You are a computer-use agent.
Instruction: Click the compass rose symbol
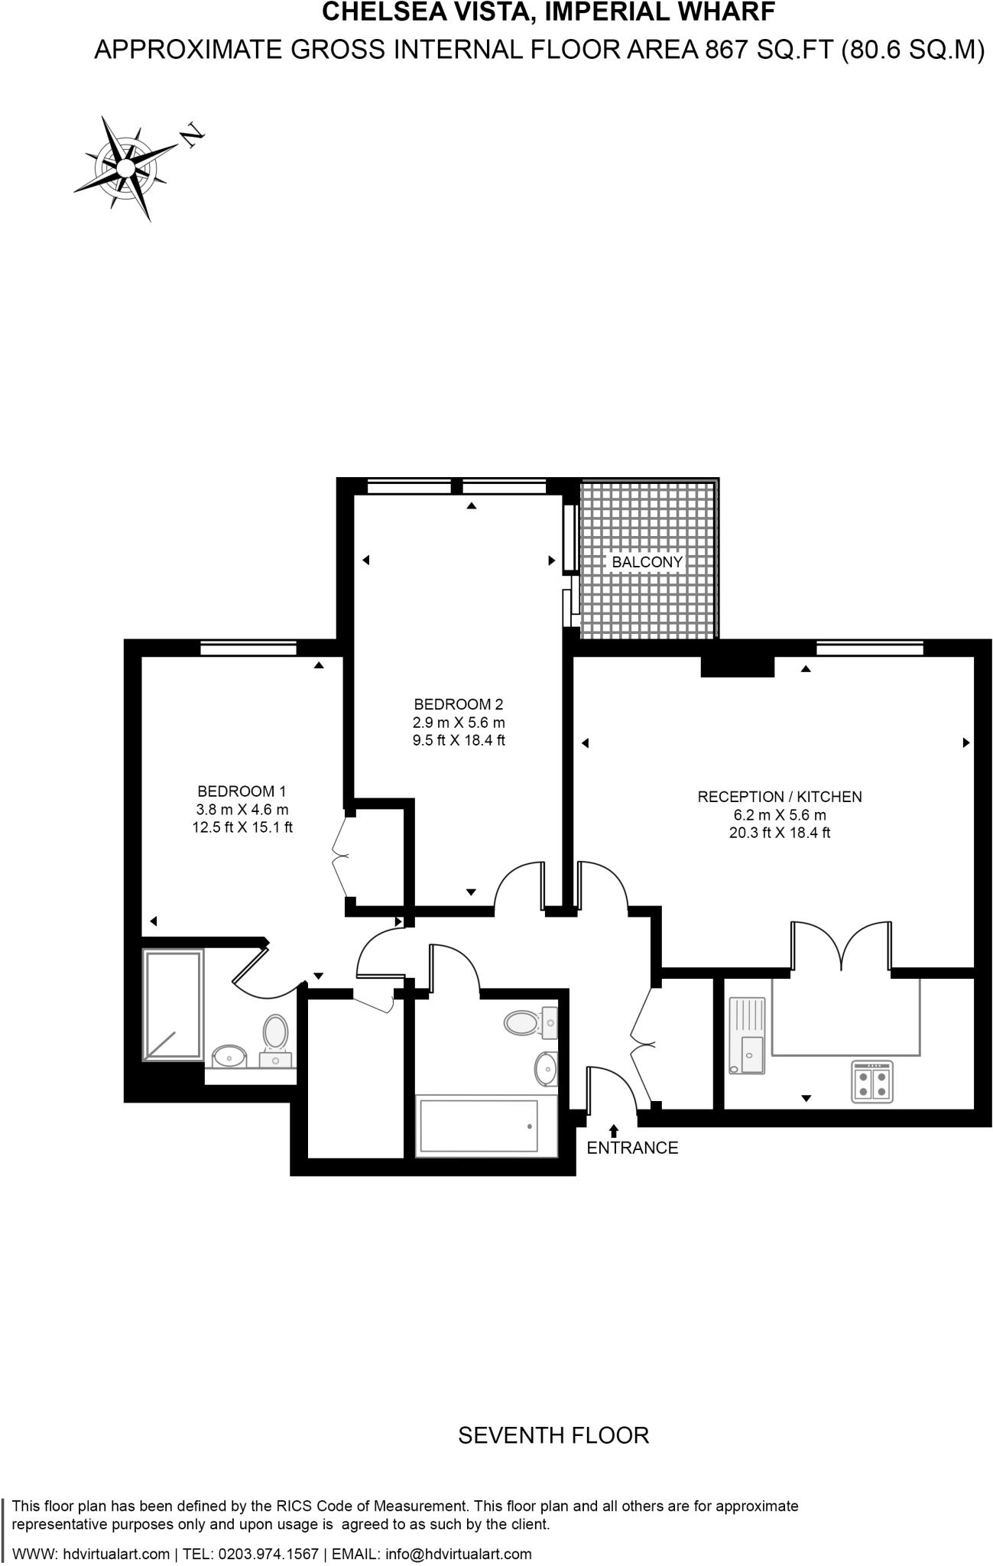coord(122,167)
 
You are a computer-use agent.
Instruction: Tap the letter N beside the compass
coord(193,135)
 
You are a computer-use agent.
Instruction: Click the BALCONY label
coord(647,562)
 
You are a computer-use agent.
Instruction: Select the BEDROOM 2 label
coord(459,704)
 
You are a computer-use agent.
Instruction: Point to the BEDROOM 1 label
coord(242,791)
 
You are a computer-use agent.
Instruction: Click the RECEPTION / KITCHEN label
coord(779,797)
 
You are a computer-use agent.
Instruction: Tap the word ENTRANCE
coord(632,1148)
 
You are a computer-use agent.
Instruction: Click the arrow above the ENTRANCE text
coord(613,1129)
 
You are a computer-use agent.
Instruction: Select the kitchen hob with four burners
coord(872,1081)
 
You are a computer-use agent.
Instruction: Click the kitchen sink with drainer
coord(747,1035)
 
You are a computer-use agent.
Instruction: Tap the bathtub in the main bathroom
coord(478,1126)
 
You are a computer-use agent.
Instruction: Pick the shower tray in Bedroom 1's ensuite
coord(174,1004)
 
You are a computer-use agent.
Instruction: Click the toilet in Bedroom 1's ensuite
coord(275,1033)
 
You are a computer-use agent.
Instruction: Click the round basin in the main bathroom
coord(546,1067)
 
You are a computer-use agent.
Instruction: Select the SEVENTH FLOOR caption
coord(553,1435)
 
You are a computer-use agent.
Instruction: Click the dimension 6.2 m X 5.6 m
coord(779,815)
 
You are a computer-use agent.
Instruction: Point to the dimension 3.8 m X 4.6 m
coord(242,809)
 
